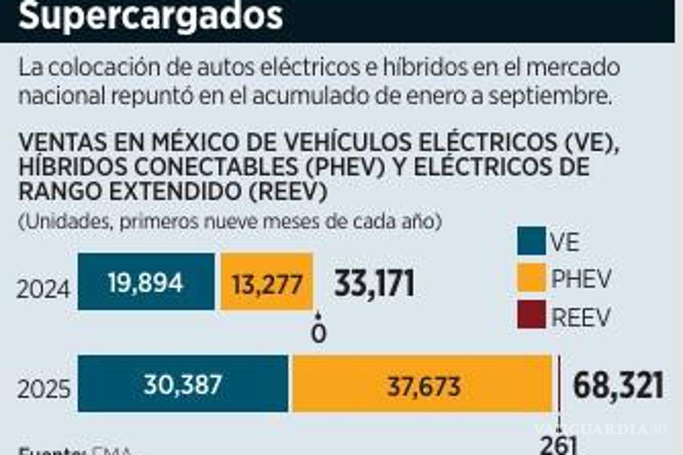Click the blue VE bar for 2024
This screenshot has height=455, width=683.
pos(146,282)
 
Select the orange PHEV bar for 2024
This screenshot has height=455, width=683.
pos(266,282)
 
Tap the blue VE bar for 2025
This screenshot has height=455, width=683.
pos(183,383)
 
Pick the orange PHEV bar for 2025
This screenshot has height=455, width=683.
pos(422,383)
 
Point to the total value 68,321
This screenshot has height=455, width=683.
pos(618,386)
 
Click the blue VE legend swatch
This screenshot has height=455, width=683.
pos(532,241)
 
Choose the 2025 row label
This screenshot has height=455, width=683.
pos(44,389)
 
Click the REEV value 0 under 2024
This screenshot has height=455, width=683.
pos(319,333)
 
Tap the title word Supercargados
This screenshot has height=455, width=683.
pos(151,16)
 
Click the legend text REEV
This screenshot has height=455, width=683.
pos(581,317)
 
